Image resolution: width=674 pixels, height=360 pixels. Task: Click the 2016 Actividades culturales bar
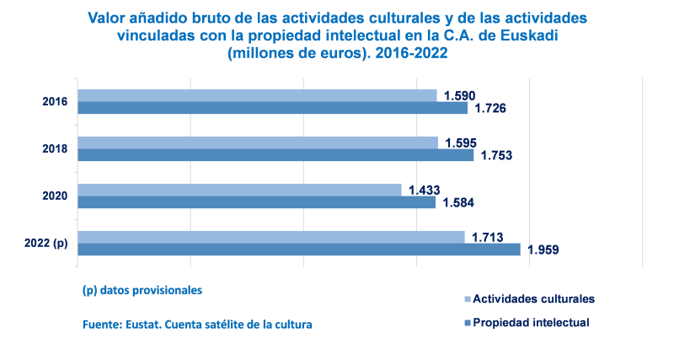pos(257,95)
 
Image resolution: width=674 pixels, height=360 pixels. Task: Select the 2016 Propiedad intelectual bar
pos(272,108)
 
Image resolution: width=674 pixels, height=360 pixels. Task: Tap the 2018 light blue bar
pos(258,142)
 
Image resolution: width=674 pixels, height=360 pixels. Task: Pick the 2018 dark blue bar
pos(275,155)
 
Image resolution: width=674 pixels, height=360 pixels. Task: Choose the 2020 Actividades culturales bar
pos(239,190)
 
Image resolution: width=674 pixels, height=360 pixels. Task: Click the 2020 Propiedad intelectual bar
pos(256,202)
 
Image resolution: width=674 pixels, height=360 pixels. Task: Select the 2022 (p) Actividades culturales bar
pos(270,237)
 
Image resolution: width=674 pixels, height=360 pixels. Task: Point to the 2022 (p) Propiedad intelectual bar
pos(299,250)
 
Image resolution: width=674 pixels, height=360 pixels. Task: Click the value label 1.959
pos(543,250)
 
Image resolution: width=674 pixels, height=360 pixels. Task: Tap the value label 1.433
pos(425,190)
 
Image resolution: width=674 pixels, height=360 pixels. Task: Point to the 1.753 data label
pos(496,156)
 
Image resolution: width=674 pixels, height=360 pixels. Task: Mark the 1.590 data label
pos(461,95)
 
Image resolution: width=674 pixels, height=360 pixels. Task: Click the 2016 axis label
pos(55,102)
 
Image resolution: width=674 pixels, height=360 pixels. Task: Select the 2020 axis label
pos(55,196)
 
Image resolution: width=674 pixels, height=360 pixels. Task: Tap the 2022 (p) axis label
pos(46,244)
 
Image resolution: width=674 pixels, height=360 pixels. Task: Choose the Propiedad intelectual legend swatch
pos(467,323)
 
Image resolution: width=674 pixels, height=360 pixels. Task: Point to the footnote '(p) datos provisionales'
pos(142,290)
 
